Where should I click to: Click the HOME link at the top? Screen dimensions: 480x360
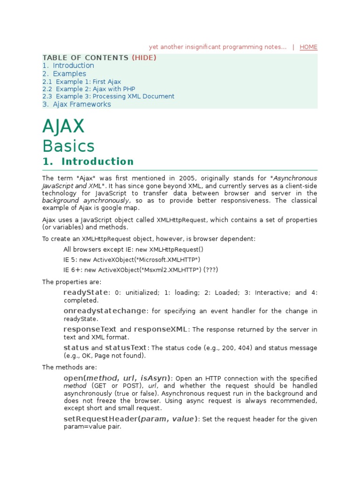tap(308, 47)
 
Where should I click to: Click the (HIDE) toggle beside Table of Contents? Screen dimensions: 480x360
tap(144, 58)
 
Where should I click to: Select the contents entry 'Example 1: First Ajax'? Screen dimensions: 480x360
tap(88, 82)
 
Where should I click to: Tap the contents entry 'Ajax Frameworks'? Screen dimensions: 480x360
tap(82, 105)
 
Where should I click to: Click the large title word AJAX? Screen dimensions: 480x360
tap(63, 127)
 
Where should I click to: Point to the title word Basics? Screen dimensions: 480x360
tap(68, 146)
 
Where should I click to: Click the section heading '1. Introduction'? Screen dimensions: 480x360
tap(88, 162)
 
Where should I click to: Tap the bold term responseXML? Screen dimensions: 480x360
tap(161, 329)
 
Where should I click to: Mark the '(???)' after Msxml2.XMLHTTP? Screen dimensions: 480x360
tap(210, 270)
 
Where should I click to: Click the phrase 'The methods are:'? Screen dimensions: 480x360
tap(69, 367)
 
